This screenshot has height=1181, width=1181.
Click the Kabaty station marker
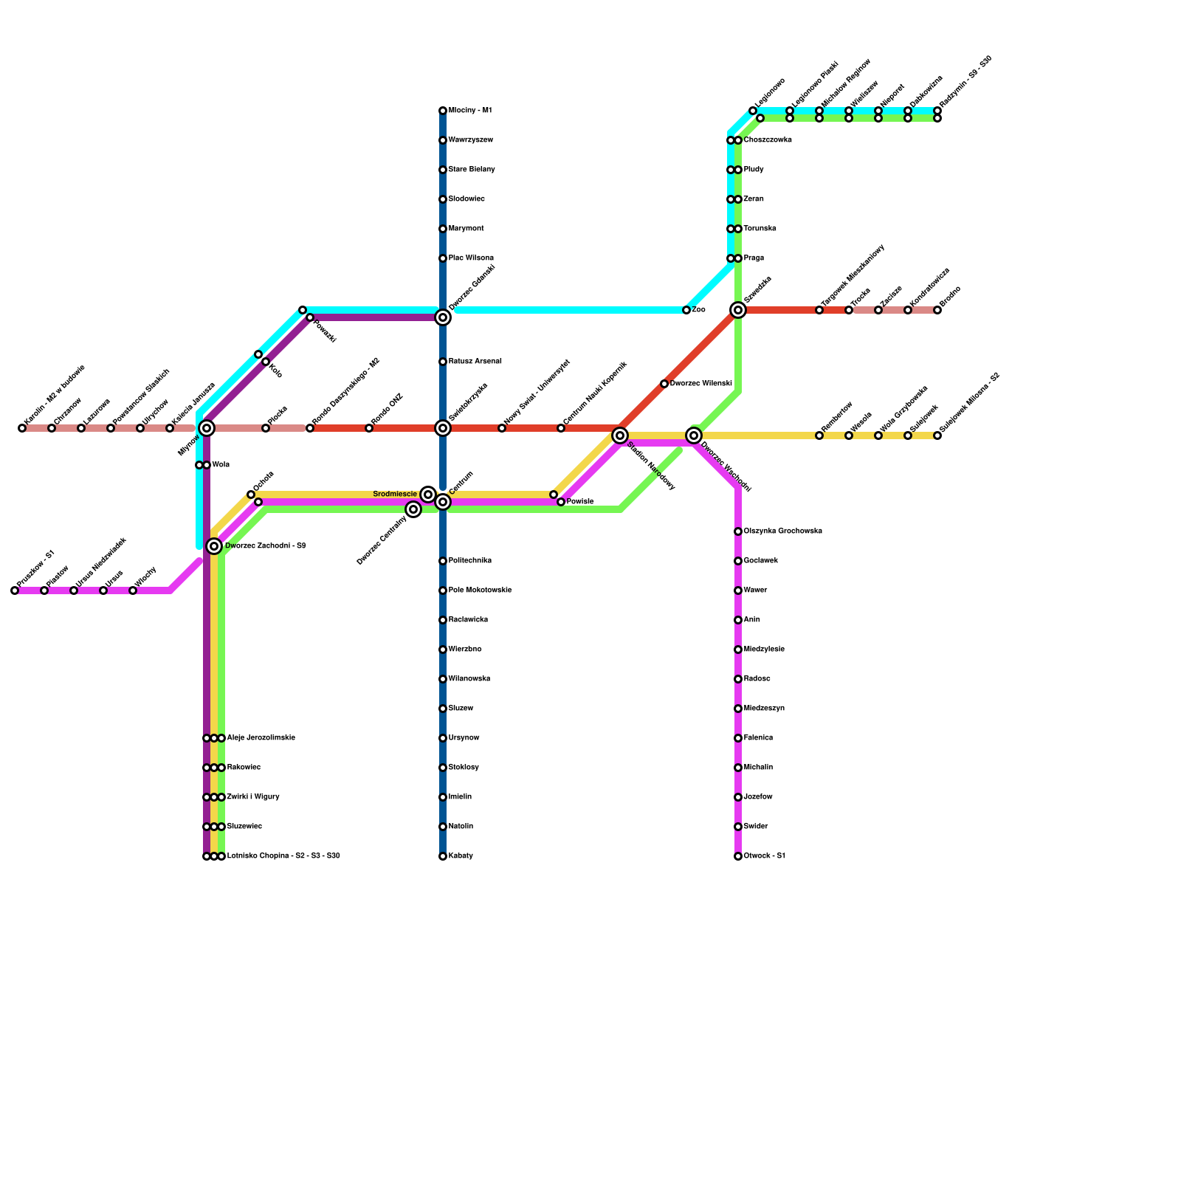pos(443,856)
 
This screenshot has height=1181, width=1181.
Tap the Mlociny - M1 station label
pos(470,111)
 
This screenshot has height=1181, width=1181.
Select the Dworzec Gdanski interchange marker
pos(443,317)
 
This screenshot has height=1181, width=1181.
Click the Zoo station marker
pos(686,310)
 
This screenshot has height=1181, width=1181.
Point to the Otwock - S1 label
pos(765,856)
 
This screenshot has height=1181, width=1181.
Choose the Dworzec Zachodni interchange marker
pos(214,546)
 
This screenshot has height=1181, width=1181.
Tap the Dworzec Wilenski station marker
pos(664,384)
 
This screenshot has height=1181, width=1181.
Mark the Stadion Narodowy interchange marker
pos(620,435)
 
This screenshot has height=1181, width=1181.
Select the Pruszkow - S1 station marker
pos(15,590)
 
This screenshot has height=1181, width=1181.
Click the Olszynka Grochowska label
pos(783,531)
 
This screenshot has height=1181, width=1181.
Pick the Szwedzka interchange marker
pos(738,310)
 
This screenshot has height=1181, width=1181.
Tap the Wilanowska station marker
pos(443,679)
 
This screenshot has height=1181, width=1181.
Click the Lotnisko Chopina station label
pos(283,856)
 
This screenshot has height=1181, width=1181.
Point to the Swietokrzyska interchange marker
pos(443,428)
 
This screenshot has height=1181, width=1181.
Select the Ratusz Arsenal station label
pos(475,362)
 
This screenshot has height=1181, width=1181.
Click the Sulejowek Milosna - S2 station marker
pos(937,435)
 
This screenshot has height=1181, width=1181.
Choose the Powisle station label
pos(580,502)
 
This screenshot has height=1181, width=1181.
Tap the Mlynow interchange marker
pos(207,428)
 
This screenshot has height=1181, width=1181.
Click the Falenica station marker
pos(738,738)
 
